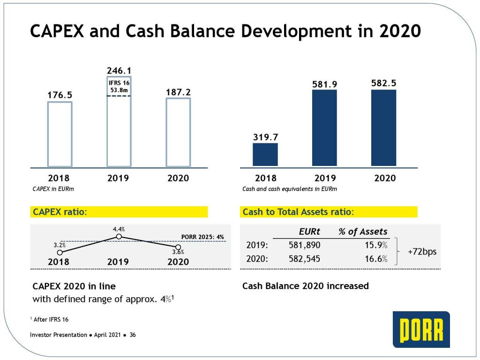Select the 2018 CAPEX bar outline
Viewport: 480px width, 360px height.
point(60,134)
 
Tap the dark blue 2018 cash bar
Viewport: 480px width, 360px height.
point(265,155)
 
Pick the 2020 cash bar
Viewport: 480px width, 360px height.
point(383,127)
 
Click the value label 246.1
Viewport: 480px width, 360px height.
point(119,70)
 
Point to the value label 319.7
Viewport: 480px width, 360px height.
point(265,137)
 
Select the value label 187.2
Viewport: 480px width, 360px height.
point(178,92)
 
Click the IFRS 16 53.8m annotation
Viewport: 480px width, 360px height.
point(119,86)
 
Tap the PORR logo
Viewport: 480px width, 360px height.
point(421,329)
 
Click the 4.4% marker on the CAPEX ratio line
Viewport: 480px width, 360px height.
point(119,237)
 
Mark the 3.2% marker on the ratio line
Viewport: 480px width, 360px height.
point(60,252)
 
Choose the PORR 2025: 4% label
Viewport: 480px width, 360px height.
point(203,237)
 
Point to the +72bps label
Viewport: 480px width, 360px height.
point(422,252)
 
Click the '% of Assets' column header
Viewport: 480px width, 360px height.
point(363,232)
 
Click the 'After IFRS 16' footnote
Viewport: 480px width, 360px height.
point(49,319)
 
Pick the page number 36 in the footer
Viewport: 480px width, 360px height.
point(132,335)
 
